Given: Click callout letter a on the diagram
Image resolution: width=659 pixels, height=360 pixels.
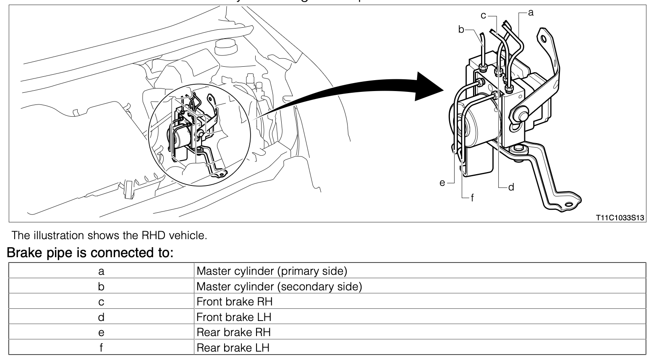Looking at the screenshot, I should [531, 13].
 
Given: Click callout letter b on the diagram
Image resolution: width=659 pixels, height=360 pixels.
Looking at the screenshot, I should [461, 29].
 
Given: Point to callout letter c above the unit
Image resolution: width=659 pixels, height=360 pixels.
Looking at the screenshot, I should [484, 16].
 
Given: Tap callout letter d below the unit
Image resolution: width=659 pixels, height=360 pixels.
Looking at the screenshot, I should [511, 187].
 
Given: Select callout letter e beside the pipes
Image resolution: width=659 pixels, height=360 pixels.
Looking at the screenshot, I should [442, 183].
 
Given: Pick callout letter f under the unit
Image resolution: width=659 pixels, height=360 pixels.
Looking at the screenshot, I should [473, 198].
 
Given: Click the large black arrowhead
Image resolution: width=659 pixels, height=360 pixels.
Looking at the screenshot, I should [428, 86].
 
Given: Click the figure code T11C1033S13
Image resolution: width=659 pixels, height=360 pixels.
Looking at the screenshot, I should [620, 218].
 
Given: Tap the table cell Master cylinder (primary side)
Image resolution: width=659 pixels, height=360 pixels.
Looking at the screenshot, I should [272, 271].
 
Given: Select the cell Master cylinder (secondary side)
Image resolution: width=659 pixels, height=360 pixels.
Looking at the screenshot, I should [279, 287].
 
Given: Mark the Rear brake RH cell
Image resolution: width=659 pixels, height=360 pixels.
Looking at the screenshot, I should [233, 332].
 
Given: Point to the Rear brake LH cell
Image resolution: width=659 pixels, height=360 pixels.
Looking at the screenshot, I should [233, 348].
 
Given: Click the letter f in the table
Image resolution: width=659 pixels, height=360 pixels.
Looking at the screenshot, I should [101, 348].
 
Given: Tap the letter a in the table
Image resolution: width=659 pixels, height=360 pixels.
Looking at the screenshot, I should [101, 271].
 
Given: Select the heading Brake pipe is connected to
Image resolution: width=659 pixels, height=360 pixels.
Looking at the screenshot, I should [90, 253].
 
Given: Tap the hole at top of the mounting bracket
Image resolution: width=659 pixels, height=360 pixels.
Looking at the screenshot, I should [544, 39].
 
